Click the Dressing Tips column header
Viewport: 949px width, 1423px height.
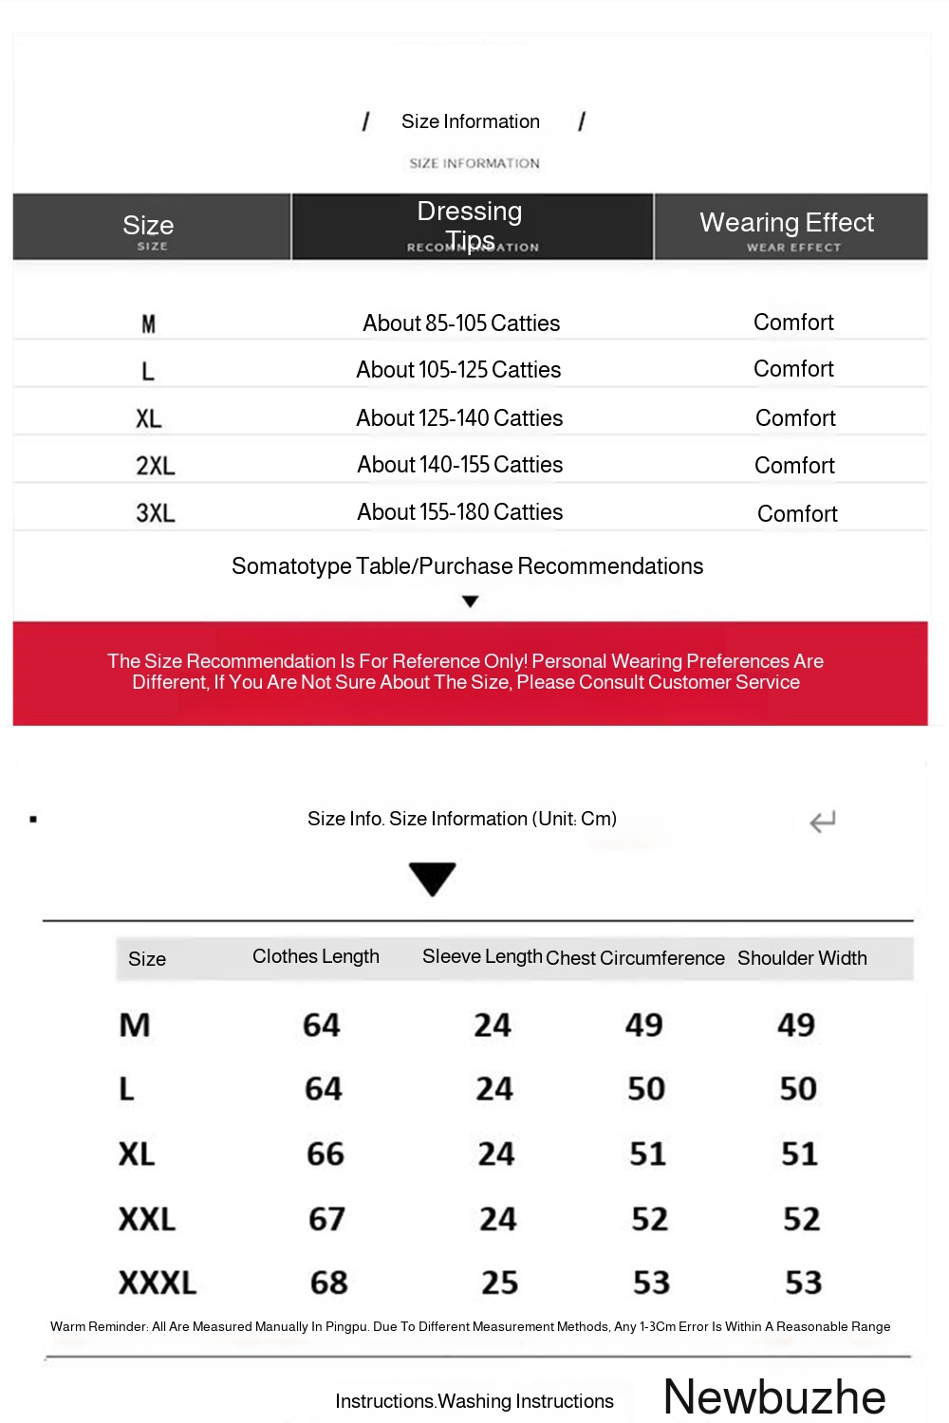coord(471,226)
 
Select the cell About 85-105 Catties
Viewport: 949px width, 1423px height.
coord(461,323)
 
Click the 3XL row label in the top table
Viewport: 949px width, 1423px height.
coord(156,513)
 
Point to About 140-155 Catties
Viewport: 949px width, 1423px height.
coord(460,465)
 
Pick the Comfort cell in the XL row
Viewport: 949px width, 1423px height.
coord(795,418)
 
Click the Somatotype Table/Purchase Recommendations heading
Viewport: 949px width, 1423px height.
coord(467,566)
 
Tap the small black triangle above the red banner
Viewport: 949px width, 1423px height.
coord(470,601)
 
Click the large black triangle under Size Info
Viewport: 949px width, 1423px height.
coord(433,878)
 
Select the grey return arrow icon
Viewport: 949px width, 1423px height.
coord(822,822)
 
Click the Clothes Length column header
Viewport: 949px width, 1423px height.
coord(316,956)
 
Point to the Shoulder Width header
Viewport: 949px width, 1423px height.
coord(802,958)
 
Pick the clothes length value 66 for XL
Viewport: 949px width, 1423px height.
coord(326,1154)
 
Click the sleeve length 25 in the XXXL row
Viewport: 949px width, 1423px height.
coord(499,1283)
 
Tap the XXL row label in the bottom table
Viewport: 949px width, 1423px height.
coord(147,1219)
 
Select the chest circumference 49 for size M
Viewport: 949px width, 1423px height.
coord(643,1025)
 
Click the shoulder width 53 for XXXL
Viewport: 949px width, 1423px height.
coord(803,1283)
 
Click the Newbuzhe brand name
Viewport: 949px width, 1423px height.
coord(774,1396)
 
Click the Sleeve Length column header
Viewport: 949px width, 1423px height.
coord(482,956)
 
